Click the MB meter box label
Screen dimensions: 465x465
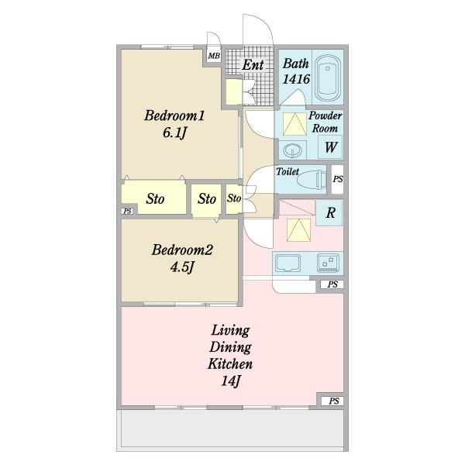pos(214,56)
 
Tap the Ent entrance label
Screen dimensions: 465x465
pos(253,65)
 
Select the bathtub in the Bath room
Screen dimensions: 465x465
pos(327,78)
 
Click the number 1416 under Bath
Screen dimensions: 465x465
pos(296,79)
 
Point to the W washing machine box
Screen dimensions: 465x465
pos(330,147)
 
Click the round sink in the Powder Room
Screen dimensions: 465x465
pos(292,150)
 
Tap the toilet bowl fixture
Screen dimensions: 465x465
pos(311,180)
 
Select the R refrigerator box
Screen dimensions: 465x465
pos(329,212)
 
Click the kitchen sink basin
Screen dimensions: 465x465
pos(287,263)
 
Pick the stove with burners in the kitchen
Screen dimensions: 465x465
pos(328,263)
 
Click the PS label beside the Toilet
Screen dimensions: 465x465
pos(337,179)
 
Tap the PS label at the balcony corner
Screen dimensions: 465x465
pos(333,401)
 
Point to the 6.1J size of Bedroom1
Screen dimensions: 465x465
pos(174,133)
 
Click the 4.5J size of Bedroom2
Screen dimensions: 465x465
pos(182,267)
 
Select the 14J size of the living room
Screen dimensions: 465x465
pos(230,381)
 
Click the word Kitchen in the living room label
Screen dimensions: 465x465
pos(230,363)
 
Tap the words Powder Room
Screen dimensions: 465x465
pos(325,122)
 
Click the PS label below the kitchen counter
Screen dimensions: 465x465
pos(332,284)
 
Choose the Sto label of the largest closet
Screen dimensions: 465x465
pos(155,198)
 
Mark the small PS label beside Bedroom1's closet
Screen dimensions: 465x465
pos(127,211)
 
